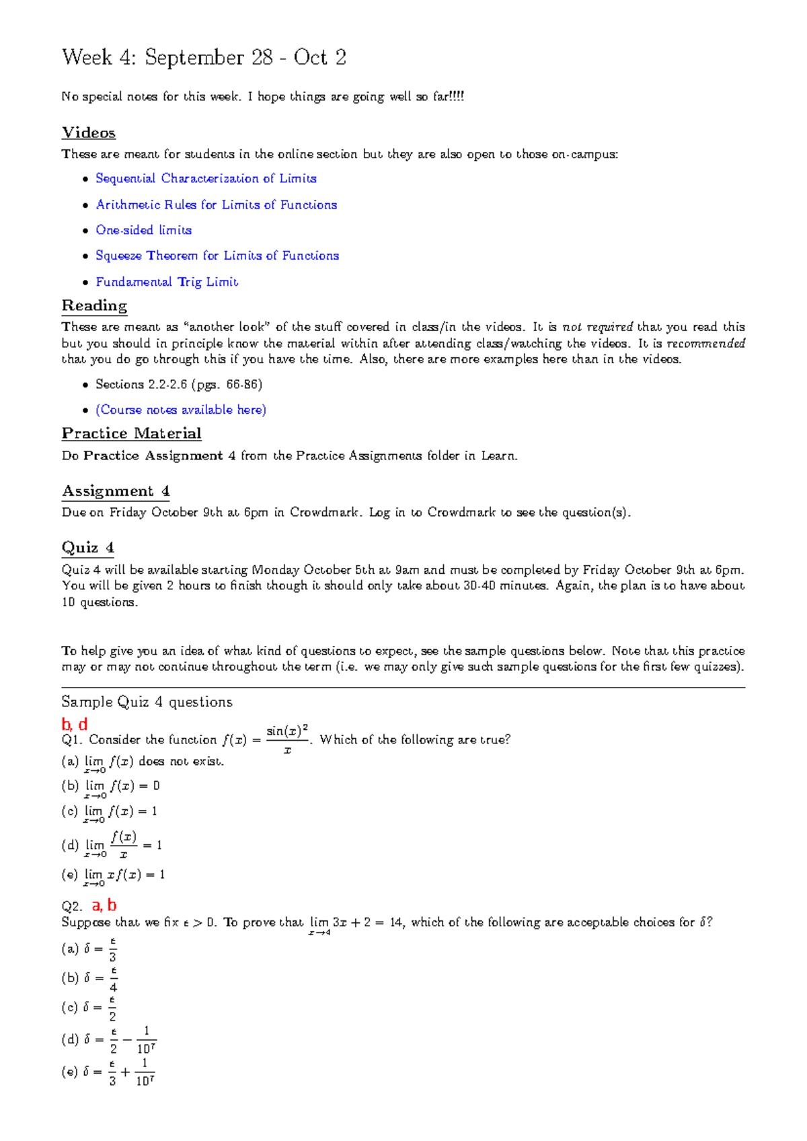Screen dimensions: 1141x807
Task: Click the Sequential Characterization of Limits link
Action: pos(206,178)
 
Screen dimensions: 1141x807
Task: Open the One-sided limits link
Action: pos(143,230)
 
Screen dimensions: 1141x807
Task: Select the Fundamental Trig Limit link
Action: pos(167,282)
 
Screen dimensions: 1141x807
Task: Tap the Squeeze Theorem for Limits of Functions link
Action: pos(217,256)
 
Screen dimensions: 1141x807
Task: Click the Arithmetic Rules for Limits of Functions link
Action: pos(216,205)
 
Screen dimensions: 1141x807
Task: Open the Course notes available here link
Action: pos(180,410)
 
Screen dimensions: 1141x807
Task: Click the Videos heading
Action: pos(89,133)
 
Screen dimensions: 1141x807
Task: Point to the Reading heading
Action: pos(94,306)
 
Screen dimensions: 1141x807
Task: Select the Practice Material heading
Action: pos(132,434)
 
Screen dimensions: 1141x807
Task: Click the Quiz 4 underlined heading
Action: pos(88,548)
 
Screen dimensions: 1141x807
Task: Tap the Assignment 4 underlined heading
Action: pos(116,491)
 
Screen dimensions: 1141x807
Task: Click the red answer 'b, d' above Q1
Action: pos(74,725)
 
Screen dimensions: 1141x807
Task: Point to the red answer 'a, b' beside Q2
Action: pos(104,905)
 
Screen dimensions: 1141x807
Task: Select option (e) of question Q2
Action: pos(108,1072)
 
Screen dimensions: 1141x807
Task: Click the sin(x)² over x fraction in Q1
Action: pos(287,739)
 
